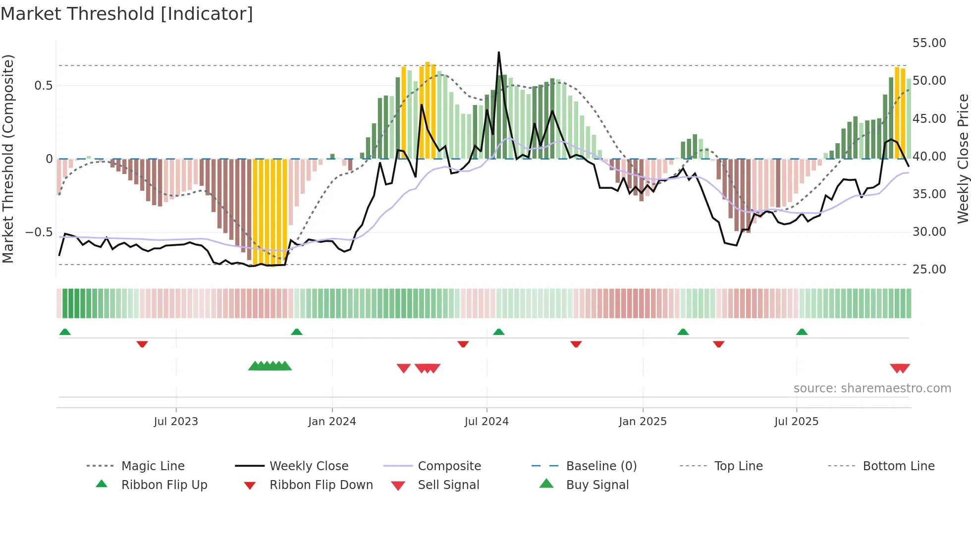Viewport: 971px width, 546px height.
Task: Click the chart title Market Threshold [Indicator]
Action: tap(127, 14)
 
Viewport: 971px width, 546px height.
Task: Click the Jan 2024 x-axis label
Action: tap(332, 422)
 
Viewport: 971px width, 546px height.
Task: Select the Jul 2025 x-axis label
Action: tap(796, 422)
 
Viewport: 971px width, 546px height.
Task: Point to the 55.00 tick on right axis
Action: tap(929, 43)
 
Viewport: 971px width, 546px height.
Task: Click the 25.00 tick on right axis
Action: tap(929, 270)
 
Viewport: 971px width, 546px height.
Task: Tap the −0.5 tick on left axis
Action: tap(39, 232)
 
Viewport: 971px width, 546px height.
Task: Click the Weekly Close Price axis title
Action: tap(962, 159)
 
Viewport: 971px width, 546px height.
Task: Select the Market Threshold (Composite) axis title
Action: tap(8, 159)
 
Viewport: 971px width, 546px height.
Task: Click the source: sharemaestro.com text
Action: tap(872, 388)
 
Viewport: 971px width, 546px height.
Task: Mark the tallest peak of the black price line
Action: tap(498, 53)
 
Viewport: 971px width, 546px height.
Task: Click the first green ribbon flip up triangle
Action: tap(65, 332)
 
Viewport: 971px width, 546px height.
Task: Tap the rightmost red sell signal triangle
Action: tap(904, 368)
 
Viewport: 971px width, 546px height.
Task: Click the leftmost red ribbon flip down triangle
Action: tap(142, 344)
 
